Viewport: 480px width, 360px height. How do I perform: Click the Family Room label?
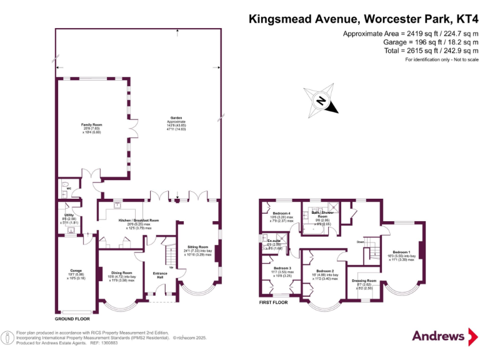91,125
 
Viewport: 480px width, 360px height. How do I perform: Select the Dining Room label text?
122,273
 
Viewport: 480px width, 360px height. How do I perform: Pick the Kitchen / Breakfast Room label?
139,220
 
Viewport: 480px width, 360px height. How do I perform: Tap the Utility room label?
69,215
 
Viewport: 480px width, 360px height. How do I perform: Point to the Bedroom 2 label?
326,271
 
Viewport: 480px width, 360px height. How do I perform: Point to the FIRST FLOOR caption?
274,302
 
